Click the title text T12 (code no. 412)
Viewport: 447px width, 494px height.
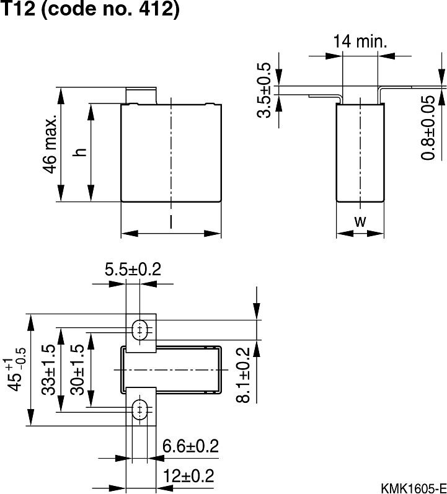(91, 11)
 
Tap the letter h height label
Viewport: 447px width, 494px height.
(79, 152)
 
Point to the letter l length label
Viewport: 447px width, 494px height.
(170, 221)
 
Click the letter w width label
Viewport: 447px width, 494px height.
(360, 221)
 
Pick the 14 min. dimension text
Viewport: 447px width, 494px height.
(360, 42)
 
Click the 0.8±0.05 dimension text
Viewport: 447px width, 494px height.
(428, 128)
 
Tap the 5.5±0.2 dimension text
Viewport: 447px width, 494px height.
(133, 270)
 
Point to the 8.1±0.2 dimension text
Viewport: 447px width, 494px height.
(244, 375)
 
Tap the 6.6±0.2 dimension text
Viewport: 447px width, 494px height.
(190, 446)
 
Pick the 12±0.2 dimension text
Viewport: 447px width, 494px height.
(188, 476)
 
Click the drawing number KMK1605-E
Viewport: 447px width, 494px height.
(414, 486)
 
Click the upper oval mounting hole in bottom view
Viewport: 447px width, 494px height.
(141, 329)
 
